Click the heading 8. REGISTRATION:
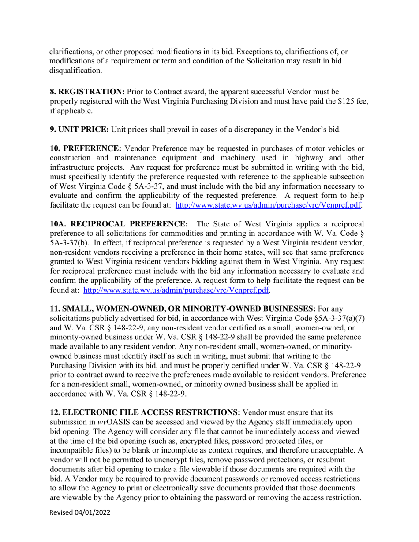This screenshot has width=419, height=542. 87,92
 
